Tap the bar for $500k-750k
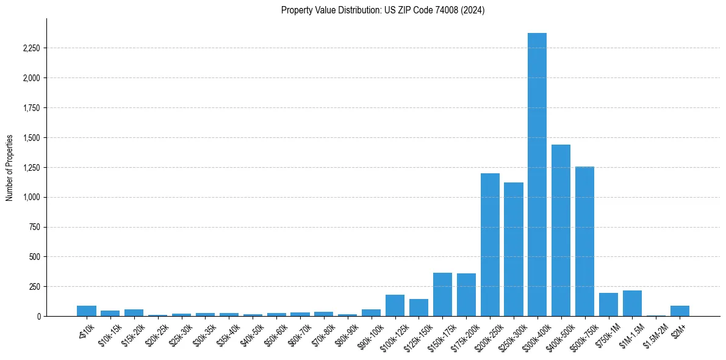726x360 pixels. [584, 242]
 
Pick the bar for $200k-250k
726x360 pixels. [490, 245]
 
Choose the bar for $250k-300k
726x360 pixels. [514, 250]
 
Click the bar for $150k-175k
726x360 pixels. [442, 295]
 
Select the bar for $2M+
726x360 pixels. [680, 311]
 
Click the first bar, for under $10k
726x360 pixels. [87, 311]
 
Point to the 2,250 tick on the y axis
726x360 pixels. [31, 48]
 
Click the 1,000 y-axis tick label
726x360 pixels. [31, 197]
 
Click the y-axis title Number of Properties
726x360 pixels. [9, 167]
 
